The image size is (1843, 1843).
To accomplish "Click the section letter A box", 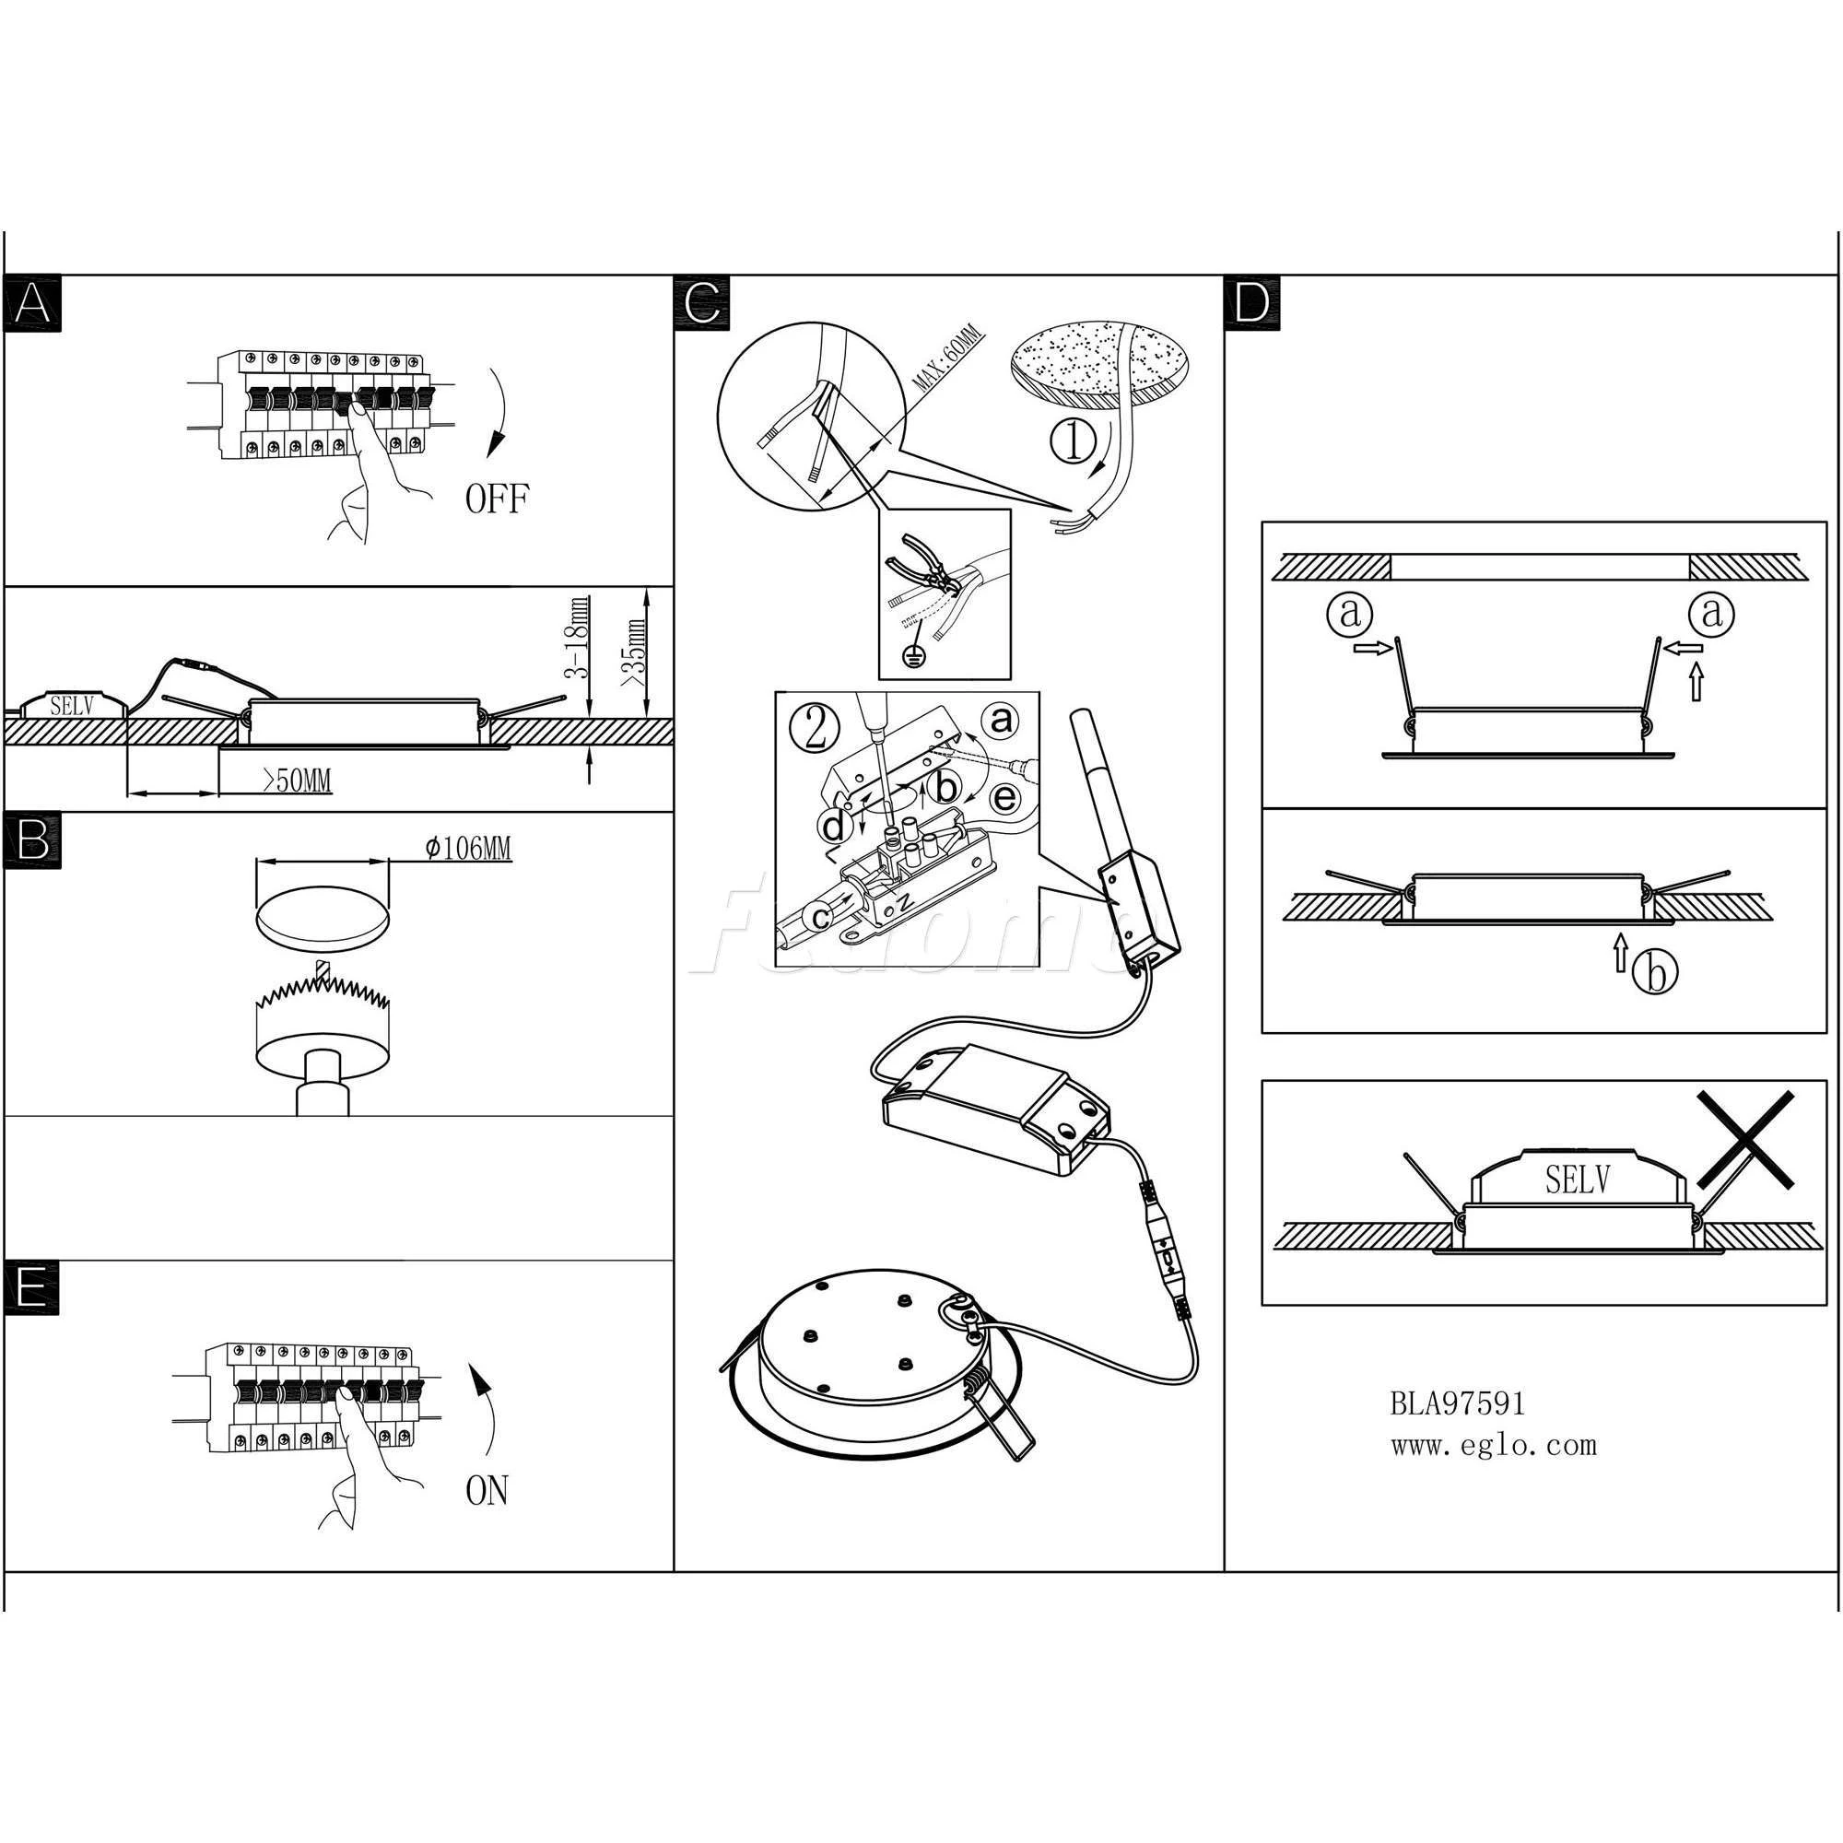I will tap(32, 304).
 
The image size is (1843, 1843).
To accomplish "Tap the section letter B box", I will tap(32, 840).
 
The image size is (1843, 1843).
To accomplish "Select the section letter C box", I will tap(702, 304).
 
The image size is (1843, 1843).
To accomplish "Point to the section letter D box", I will tap(1251, 304).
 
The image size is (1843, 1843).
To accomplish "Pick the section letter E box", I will tap(31, 1288).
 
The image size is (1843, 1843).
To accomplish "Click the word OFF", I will tap(496, 499).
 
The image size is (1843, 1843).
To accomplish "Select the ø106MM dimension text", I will tap(467, 848).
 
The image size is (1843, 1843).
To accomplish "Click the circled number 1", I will tap(1074, 441).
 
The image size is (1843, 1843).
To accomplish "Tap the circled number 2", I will tap(816, 730).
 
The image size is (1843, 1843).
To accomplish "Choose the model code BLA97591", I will tap(1457, 1403).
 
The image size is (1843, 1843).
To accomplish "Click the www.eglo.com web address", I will tap(1493, 1446).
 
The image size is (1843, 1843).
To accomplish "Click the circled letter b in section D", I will tap(1654, 973).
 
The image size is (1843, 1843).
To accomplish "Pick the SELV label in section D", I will tap(1578, 1180).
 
